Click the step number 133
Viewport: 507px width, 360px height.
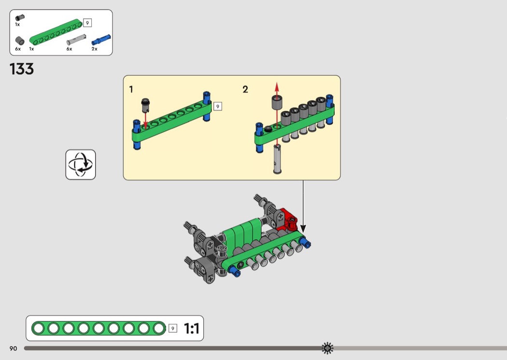pyautogui.click(x=22, y=69)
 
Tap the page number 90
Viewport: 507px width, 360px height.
pyautogui.click(x=13, y=348)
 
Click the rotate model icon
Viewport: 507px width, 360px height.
pyautogui.click(x=81, y=165)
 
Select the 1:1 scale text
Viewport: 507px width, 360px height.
pyautogui.click(x=192, y=329)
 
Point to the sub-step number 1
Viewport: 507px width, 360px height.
pyautogui.click(x=131, y=89)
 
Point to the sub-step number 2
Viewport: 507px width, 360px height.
pyautogui.click(x=245, y=89)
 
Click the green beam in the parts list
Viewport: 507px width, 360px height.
pyautogui.click(x=56, y=32)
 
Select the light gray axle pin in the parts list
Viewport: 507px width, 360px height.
pyautogui.click(x=76, y=39)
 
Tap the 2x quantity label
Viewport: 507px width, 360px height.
pyautogui.click(x=94, y=49)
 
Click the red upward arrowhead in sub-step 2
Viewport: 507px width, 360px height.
pyautogui.click(x=277, y=86)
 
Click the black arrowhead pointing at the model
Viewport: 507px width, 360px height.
pyautogui.click(x=303, y=227)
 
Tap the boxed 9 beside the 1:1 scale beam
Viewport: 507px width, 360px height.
pyautogui.click(x=173, y=329)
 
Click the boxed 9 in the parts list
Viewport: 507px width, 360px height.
pyautogui.click(x=87, y=23)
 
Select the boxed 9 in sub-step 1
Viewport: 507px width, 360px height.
pyautogui.click(x=217, y=106)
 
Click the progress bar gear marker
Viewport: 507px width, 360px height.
pyautogui.click(x=328, y=348)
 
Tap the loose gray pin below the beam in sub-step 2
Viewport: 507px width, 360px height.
pyautogui.click(x=277, y=159)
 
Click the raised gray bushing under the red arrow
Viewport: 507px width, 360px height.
pyautogui.click(x=277, y=103)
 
